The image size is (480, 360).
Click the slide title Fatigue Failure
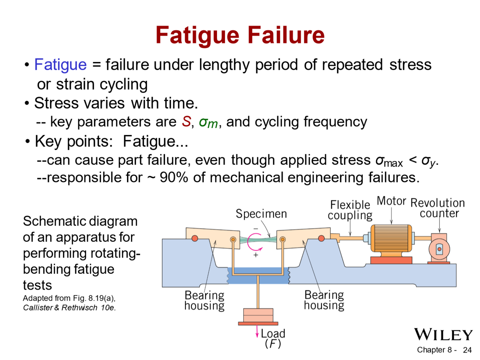(240, 35)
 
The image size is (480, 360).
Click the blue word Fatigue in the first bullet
(60, 65)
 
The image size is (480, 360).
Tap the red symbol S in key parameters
(186, 122)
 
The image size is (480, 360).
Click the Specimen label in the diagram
(261, 214)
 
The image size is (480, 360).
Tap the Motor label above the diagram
(391, 201)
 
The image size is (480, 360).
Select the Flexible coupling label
(350, 210)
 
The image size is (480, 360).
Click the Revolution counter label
(438, 208)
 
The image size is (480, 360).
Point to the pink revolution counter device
(439, 249)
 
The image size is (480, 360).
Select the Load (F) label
(273, 338)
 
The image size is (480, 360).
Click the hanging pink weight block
(258, 316)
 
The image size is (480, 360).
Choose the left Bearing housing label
(204, 300)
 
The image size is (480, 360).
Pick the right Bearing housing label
(324, 300)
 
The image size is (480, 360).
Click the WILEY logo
(443, 335)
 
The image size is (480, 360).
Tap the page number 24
(467, 350)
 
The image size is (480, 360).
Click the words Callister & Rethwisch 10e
(69, 308)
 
